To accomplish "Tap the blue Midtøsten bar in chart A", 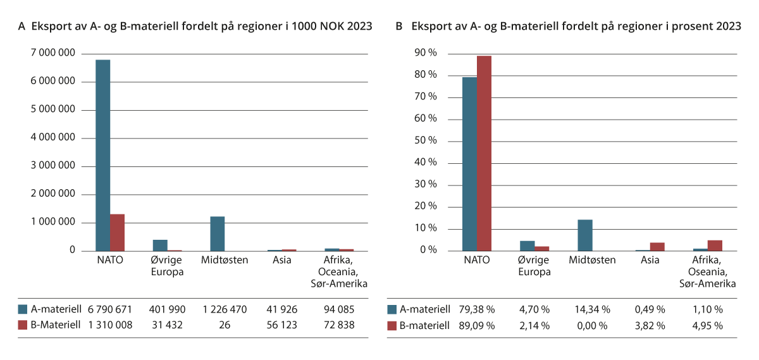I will (218, 233).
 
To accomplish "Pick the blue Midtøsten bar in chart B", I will (585, 235).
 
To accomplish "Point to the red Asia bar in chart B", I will (657, 247).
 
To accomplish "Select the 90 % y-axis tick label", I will (424, 54).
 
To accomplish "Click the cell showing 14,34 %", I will (593, 309).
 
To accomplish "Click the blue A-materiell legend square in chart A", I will (23, 309).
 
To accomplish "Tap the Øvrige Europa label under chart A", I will (168, 265).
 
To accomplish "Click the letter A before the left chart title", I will (22, 27).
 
